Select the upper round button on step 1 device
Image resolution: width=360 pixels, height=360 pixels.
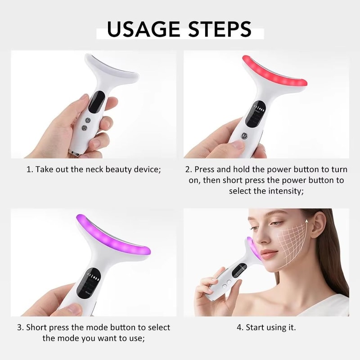point(88,120)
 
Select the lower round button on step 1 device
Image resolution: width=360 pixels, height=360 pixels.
point(84,128)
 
